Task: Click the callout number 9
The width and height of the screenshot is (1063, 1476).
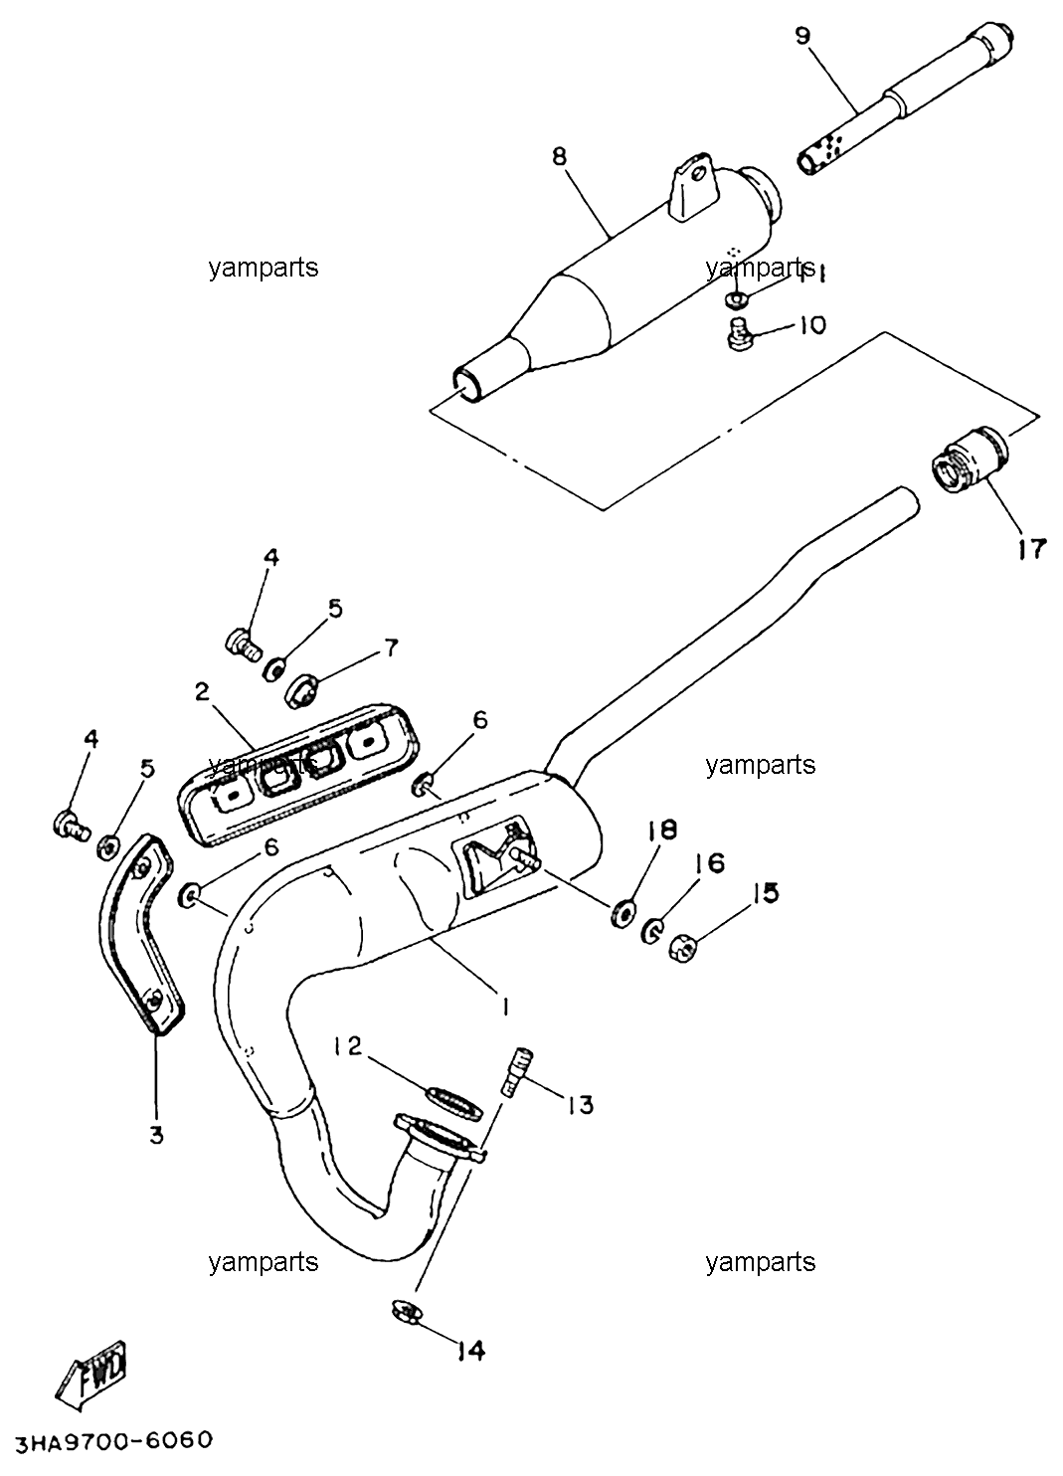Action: [802, 36]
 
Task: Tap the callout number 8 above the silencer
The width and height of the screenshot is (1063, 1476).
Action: [559, 159]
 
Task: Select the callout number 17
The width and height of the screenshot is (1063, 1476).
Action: [1031, 548]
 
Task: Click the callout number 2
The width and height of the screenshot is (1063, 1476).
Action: [202, 691]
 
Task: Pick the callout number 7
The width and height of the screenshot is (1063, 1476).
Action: [391, 648]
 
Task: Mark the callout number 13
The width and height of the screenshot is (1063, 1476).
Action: [580, 1104]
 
